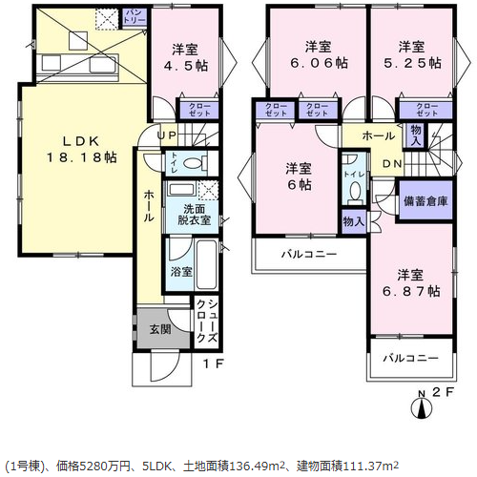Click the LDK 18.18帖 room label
[x=82, y=150]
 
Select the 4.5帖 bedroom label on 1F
[x=185, y=57]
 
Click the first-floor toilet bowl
[x=194, y=164]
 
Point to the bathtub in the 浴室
[x=207, y=264]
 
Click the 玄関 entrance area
[x=160, y=329]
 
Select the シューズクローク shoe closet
[x=207, y=321]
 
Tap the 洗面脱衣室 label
[x=194, y=215]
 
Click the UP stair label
[x=167, y=135]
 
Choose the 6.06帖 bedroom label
[x=319, y=54]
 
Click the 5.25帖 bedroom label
[x=412, y=54]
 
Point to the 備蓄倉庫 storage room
[x=425, y=200]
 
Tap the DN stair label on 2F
[x=392, y=164]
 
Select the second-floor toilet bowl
[x=355, y=190]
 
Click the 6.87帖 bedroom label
[x=411, y=283]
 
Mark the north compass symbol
[x=422, y=408]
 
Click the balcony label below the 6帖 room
[x=309, y=254]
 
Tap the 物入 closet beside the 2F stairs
[x=416, y=135]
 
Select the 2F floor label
[x=442, y=392]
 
